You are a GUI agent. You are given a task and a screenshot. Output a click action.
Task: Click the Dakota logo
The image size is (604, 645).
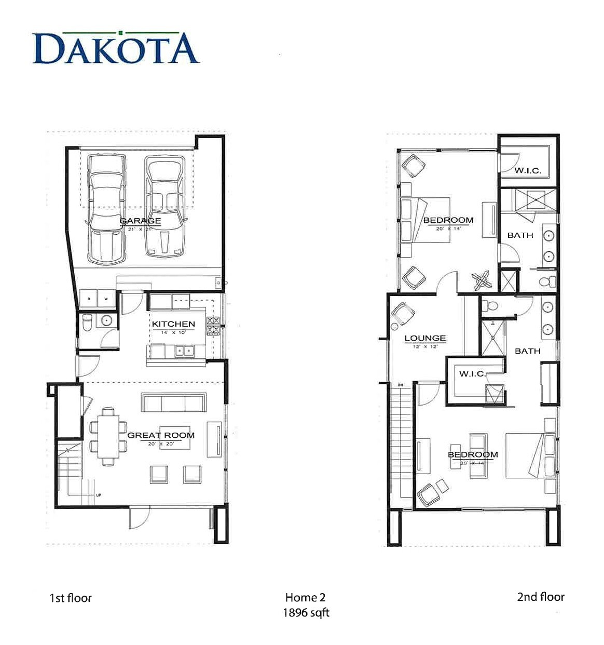tap(116, 48)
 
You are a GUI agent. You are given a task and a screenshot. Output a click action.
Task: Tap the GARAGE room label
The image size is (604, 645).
tap(140, 221)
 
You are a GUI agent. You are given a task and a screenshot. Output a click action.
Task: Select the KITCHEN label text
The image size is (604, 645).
tap(173, 324)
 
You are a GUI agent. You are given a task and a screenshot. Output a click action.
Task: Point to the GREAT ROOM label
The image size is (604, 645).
tap(161, 435)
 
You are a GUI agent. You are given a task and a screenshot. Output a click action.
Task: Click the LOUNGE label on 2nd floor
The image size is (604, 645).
tap(425, 338)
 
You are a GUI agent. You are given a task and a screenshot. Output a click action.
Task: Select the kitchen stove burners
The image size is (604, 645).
tap(213, 326)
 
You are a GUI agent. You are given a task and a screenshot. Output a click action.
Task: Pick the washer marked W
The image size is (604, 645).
tap(106, 299)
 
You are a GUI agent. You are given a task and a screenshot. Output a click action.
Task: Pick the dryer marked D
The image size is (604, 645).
tap(89, 299)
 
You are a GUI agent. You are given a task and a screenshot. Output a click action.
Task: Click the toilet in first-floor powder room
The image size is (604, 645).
tap(88, 321)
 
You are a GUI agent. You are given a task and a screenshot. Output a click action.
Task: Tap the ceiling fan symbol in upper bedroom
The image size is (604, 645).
tap(482, 280)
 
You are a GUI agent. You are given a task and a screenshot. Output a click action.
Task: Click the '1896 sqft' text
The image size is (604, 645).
tap(306, 613)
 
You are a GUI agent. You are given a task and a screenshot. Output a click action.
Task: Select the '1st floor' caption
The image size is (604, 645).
tap(71, 598)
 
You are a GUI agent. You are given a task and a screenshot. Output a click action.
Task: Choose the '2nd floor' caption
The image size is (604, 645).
tap(540, 597)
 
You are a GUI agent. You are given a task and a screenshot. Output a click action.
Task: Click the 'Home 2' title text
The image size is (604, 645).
tap(305, 597)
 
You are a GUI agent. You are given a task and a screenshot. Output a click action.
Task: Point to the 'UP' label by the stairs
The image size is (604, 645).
tap(99, 495)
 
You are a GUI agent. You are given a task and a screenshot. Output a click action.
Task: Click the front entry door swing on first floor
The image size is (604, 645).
tap(139, 517)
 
